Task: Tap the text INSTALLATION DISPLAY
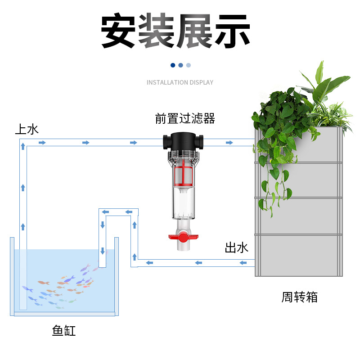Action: coord(180,82)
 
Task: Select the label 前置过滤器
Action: coord(185,118)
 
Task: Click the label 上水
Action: coord(27,130)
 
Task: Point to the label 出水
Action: coord(237,247)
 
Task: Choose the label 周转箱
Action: coord(300,297)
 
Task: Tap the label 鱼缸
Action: coord(64,331)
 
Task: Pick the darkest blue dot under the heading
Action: coord(173,65)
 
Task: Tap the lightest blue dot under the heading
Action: coord(189,65)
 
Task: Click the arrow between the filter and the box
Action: coord(229,143)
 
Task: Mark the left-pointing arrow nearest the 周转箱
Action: coord(243,262)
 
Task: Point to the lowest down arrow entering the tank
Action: coord(103,251)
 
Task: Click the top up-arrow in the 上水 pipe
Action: coord(22,147)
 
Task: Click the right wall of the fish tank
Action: coord(117,275)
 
